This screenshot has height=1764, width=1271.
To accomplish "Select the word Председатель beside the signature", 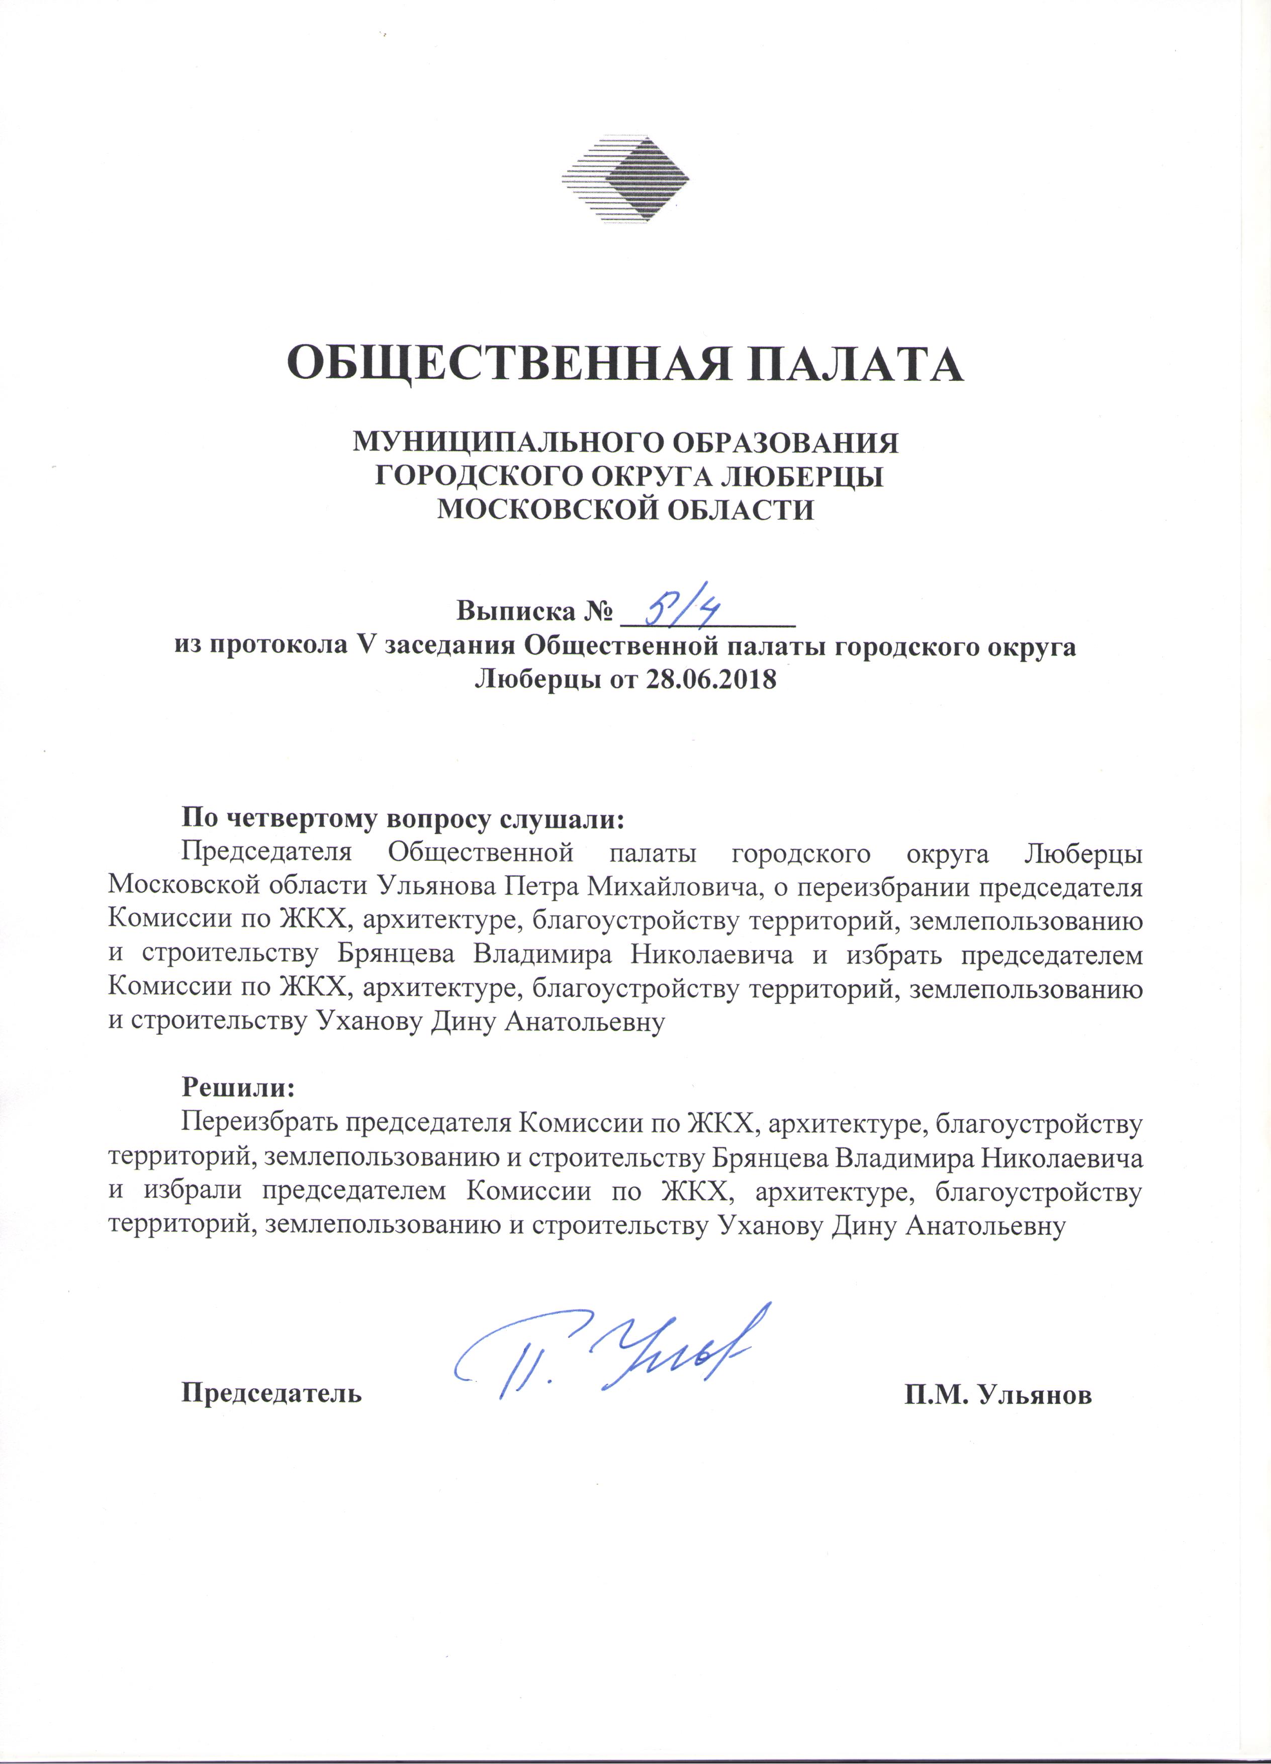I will pos(271,1393).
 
